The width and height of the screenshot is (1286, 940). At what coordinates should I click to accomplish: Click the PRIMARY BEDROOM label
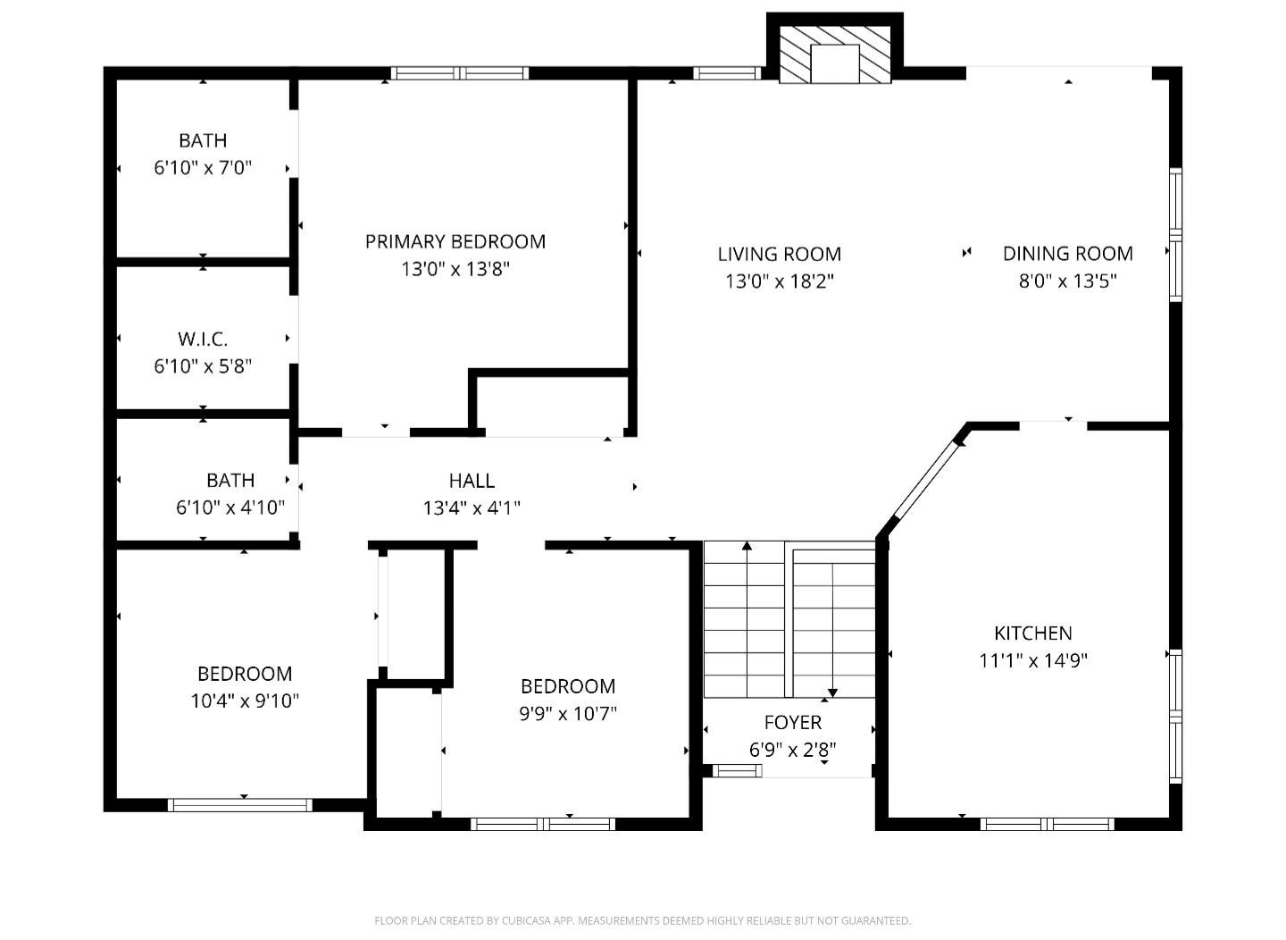(455, 241)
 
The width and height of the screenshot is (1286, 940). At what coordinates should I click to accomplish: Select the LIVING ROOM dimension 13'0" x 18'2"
(779, 281)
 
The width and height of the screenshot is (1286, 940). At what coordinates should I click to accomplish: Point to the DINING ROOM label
(1067, 254)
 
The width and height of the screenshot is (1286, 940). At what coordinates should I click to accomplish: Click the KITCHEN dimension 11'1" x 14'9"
(1032, 661)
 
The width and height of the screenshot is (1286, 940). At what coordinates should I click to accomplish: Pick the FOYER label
(792, 722)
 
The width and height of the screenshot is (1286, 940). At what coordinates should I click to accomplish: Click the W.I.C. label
(203, 339)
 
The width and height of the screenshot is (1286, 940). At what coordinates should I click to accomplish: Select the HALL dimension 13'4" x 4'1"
(472, 508)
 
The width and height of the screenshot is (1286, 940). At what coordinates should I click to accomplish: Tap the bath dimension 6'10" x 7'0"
(203, 168)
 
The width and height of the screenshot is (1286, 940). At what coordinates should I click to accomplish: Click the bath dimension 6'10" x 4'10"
(230, 508)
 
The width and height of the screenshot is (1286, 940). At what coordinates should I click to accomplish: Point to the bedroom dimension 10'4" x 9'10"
(244, 701)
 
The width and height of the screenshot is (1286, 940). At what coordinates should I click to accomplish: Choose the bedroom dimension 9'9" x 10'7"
(568, 713)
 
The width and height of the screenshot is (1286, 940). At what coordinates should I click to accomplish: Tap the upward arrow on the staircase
(747, 547)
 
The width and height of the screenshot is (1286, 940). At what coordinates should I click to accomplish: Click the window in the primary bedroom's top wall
(460, 73)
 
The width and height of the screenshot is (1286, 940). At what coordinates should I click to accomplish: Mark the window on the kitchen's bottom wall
(1047, 824)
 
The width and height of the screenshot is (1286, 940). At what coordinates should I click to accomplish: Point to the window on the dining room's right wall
(1175, 235)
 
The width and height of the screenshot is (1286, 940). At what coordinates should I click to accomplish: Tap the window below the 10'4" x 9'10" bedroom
(239, 805)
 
